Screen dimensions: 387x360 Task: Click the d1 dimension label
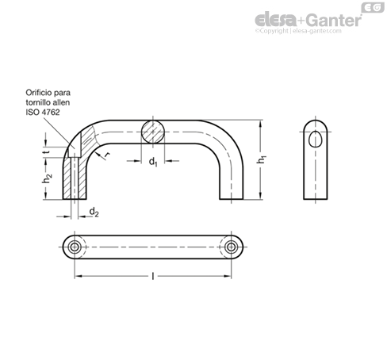[x=153, y=162]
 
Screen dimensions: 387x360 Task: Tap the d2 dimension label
[x=94, y=212]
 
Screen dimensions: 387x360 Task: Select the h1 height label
[x=261, y=159]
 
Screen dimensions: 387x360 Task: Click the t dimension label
[x=47, y=152]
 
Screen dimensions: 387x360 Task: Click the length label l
[x=153, y=277]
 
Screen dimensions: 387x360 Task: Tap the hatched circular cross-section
[x=153, y=132]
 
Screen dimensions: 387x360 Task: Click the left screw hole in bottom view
[x=75, y=247]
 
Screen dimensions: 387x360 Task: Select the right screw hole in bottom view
[x=232, y=247]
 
